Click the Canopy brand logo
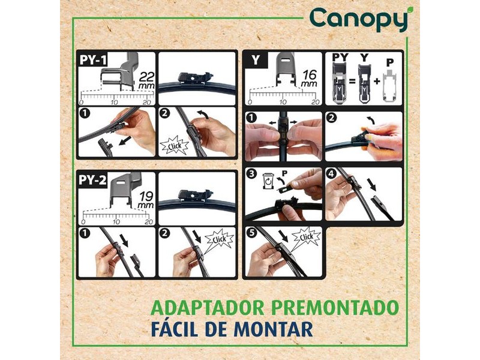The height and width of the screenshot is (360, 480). coord(359,19)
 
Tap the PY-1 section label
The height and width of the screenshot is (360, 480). coord(93,59)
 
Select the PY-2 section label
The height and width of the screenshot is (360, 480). coord(92,180)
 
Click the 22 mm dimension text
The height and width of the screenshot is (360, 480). coord(146,80)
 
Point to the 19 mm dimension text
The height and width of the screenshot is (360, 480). coord(146,200)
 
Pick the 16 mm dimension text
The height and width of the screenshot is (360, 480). coord(309,79)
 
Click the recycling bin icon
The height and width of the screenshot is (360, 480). coord(268,181)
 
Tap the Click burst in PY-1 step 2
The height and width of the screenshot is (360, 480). coord(175,146)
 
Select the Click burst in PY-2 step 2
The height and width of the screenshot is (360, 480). coord(219,239)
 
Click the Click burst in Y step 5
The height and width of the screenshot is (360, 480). coord(306,237)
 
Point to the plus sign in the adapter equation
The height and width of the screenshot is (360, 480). coord(377,82)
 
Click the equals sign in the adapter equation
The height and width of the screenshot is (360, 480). coord(352,82)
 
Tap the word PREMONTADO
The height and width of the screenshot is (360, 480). coord(335,308)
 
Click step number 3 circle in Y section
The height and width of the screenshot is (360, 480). coord(251,174)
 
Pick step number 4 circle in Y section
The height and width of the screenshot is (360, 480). coord(332,174)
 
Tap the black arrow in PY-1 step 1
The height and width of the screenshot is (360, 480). coord(124,142)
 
